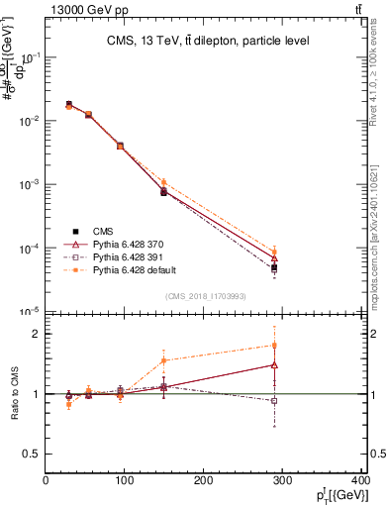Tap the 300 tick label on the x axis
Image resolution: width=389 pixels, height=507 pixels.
pos(282,480)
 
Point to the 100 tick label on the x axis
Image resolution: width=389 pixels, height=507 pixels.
pos(125,480)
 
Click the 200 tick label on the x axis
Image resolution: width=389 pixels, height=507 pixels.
pos(204,480)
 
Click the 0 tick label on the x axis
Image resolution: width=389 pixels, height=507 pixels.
pos(46,480)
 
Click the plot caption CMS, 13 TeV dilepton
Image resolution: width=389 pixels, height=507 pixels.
pos(208,41)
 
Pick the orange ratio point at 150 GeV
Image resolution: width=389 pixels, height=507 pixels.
pos(163,359)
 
